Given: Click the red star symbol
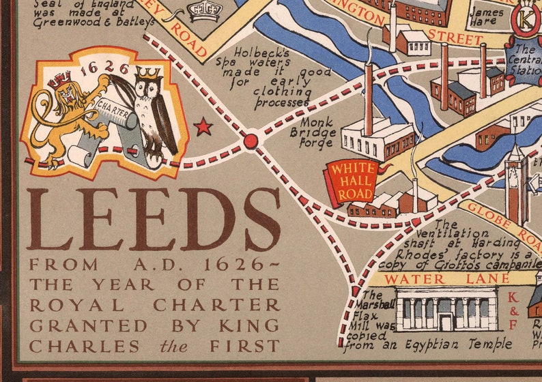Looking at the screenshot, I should pyautogui.click(x=203, y=126).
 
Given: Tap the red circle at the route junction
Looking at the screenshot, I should pyautogui.click(x=251, y=141).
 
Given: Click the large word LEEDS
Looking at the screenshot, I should pyautogui.click(x=154, y=220).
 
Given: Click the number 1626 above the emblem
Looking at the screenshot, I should pyautogui.click(x=104, y=68).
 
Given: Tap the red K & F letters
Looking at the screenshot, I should pyautogui.click(x=513, y=310).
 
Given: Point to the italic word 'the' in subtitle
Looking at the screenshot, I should pyautogui.click(x=173, y=347).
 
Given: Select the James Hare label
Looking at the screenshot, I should pyautogui.click(x=486, y=16).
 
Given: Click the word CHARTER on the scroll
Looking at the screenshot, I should pyautogui.click(x=113, y=106).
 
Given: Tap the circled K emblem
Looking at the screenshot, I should pyautogui.click(x=526, y=20).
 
